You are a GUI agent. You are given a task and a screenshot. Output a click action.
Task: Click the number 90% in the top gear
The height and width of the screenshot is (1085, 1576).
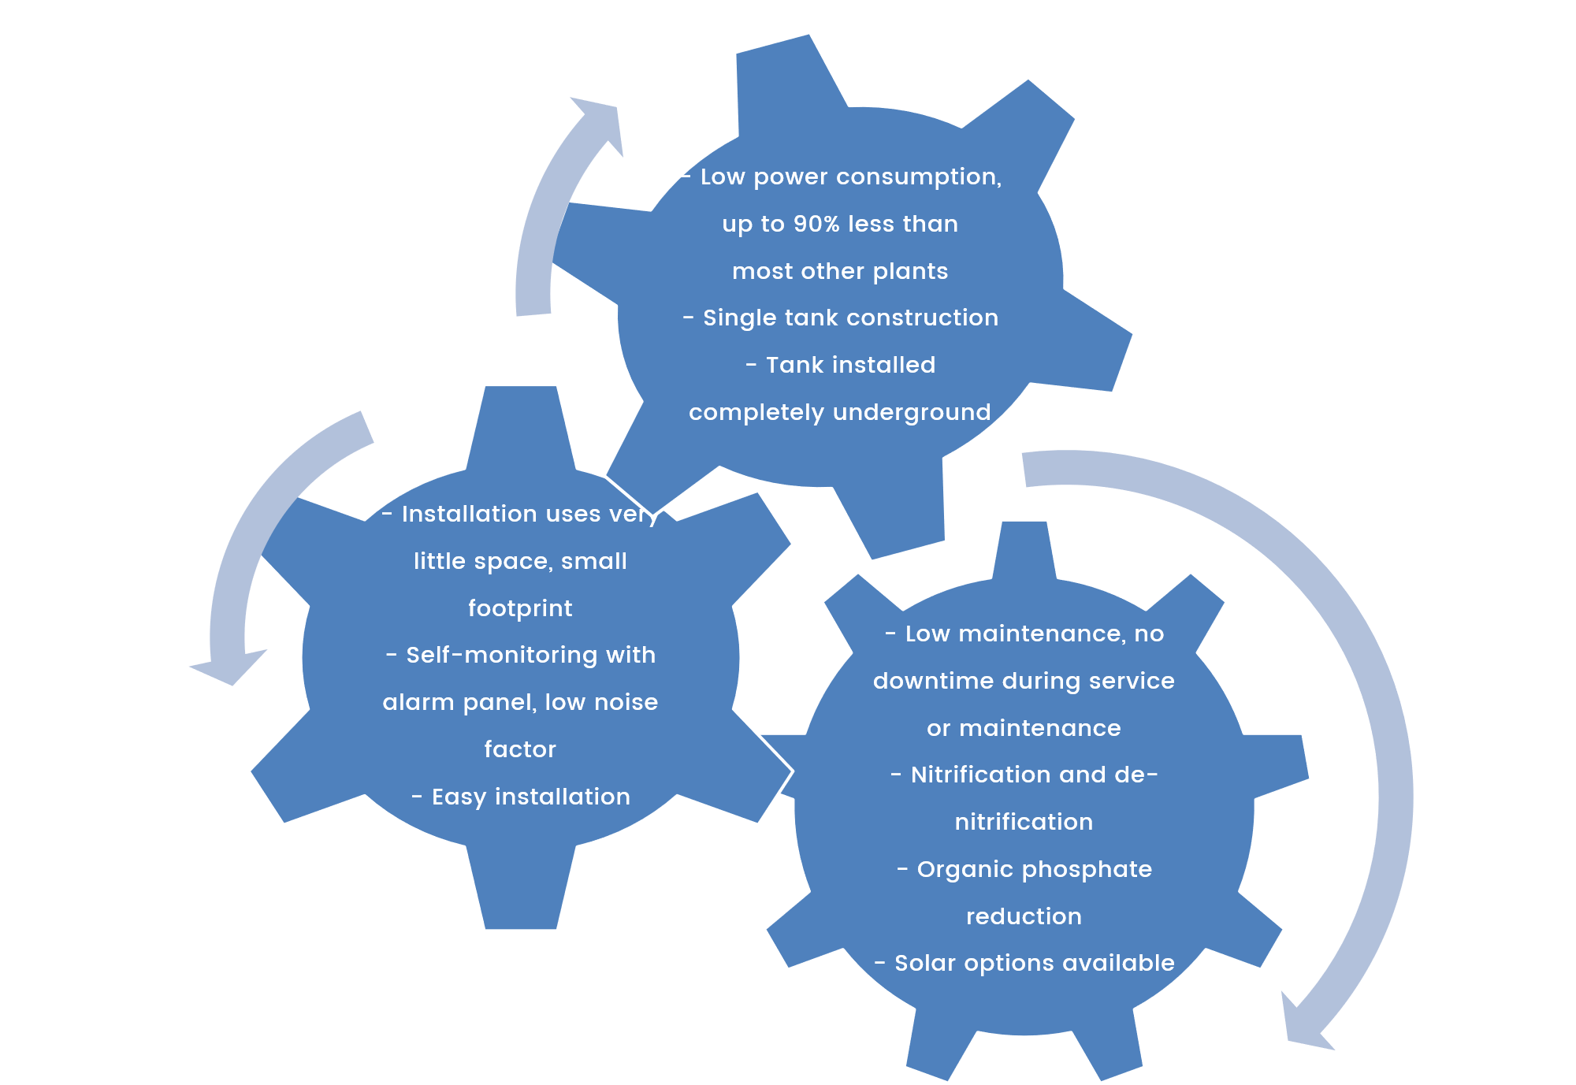(816, 225)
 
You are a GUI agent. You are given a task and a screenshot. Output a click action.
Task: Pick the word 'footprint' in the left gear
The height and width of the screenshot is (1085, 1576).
(520, 609)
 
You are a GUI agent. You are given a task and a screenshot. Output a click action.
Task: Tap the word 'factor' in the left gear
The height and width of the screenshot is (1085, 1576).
(520, 749)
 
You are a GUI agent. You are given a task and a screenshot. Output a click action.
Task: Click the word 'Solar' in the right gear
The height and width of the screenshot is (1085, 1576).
(924, 964)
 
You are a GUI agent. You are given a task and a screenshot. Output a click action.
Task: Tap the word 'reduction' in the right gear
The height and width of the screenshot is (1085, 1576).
(1024, 917)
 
